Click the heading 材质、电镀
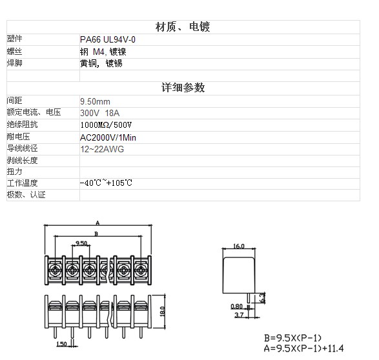pyautogui.click(x=183, y=26)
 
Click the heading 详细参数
pyautogui.click(x=183, y=87)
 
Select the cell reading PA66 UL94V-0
pyautogui.click(x=108, y=39)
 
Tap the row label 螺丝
pyautogui.click(x=14, y=52)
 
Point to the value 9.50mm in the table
pyautogui.click(x=95, y=101)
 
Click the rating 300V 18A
pyautogui.click(x=100, y=113)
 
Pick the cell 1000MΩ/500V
pyautogui.click(x=106, y=125)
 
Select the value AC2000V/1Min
pyautogui.click(x=108, y=137)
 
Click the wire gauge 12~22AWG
pyautogui.click(x=102, y=149)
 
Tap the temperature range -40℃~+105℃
pyautogui.click(x=106, y=183)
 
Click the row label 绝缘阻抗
pyautogui.click(x=22, y=125)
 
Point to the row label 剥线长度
pyautogui.click(x=22, y=160)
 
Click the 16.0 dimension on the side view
pyautogui.click(x=239, y=246)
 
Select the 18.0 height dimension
pyautogui.click(x=163, y=312)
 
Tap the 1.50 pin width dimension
pyautogui.click(x=61, y=344)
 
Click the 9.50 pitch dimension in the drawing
pyautogui.click(x=81, y=243)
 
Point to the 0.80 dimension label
pyautogui.click(x=236, y=306)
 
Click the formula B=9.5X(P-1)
pyautogui.click(x=292, y=338)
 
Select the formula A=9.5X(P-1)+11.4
pyautogui.click(x=303, y=348)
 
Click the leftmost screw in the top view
pyautogui.click(x=55, y=270)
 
